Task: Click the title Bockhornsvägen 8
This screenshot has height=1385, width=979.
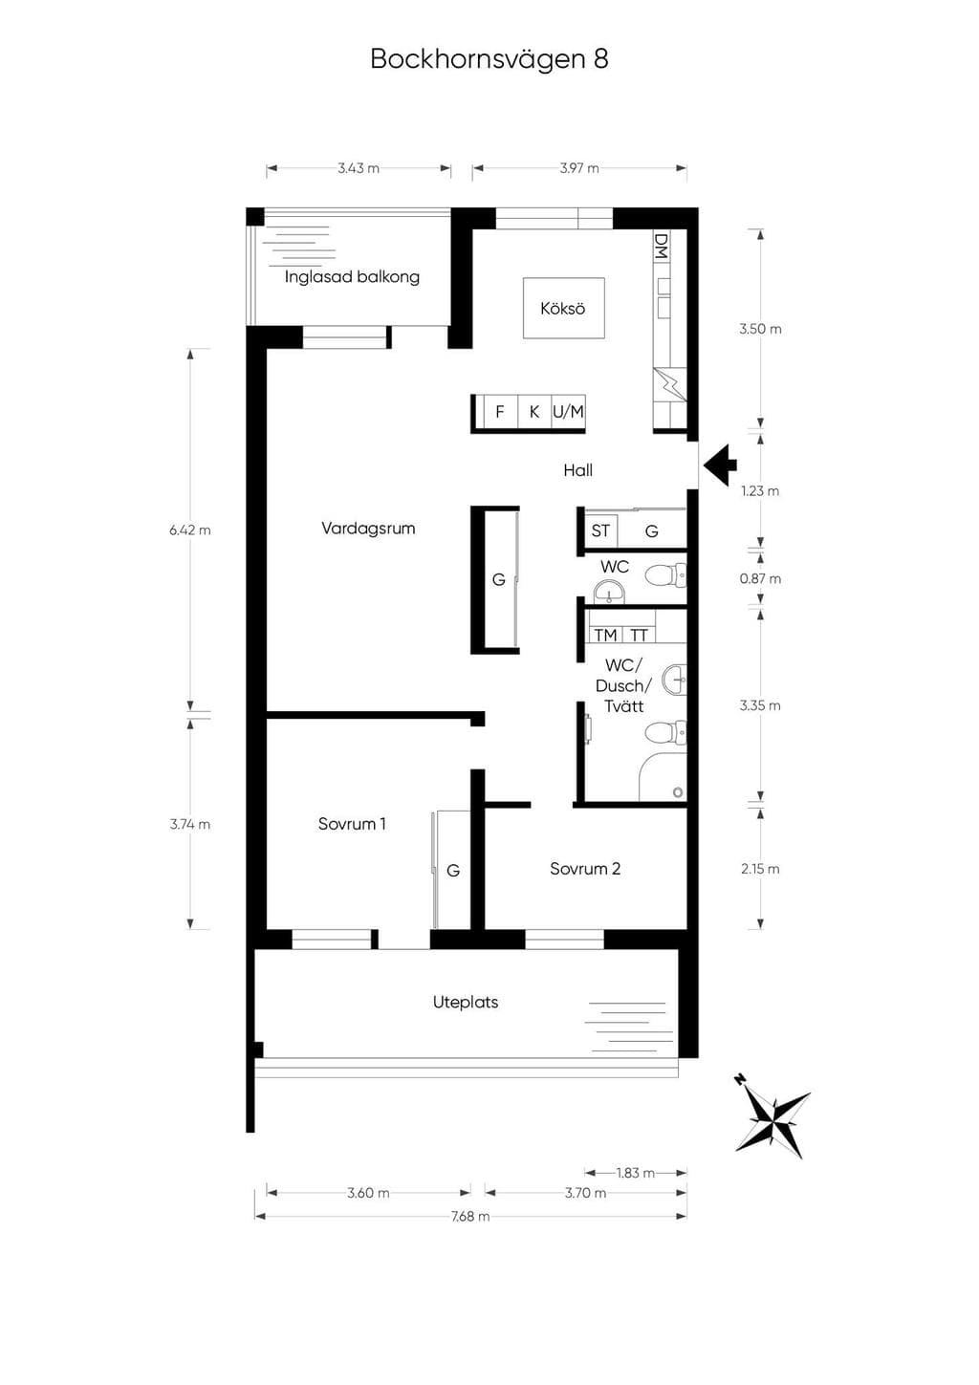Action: point(489,59)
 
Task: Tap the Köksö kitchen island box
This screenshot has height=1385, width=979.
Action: point(563,308)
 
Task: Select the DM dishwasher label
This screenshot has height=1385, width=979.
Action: point(662,246)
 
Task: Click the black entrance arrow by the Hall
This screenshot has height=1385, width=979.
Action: point(721,465)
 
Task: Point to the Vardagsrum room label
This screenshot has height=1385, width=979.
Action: point(368,529)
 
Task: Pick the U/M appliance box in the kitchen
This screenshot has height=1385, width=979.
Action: point(568,411)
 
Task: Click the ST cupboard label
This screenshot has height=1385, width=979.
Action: point(599,530)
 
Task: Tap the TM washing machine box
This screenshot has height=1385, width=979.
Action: point(605,635)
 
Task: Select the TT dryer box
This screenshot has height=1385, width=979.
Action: point(639,635)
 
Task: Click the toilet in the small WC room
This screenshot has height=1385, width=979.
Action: point(665,575)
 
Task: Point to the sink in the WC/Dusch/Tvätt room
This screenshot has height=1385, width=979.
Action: point(674,680)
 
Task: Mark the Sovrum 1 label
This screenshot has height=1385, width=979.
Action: point(352,824)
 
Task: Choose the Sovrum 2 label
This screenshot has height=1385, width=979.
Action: point(585,869)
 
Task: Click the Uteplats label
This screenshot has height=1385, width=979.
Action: point(465,1002)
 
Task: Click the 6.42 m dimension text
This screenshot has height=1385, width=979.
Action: point(190,530)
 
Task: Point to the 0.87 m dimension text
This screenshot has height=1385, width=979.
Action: point(760,578)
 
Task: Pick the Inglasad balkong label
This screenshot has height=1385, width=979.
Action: point(352,277)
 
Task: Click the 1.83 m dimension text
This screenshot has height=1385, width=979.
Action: point(635,1172)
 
